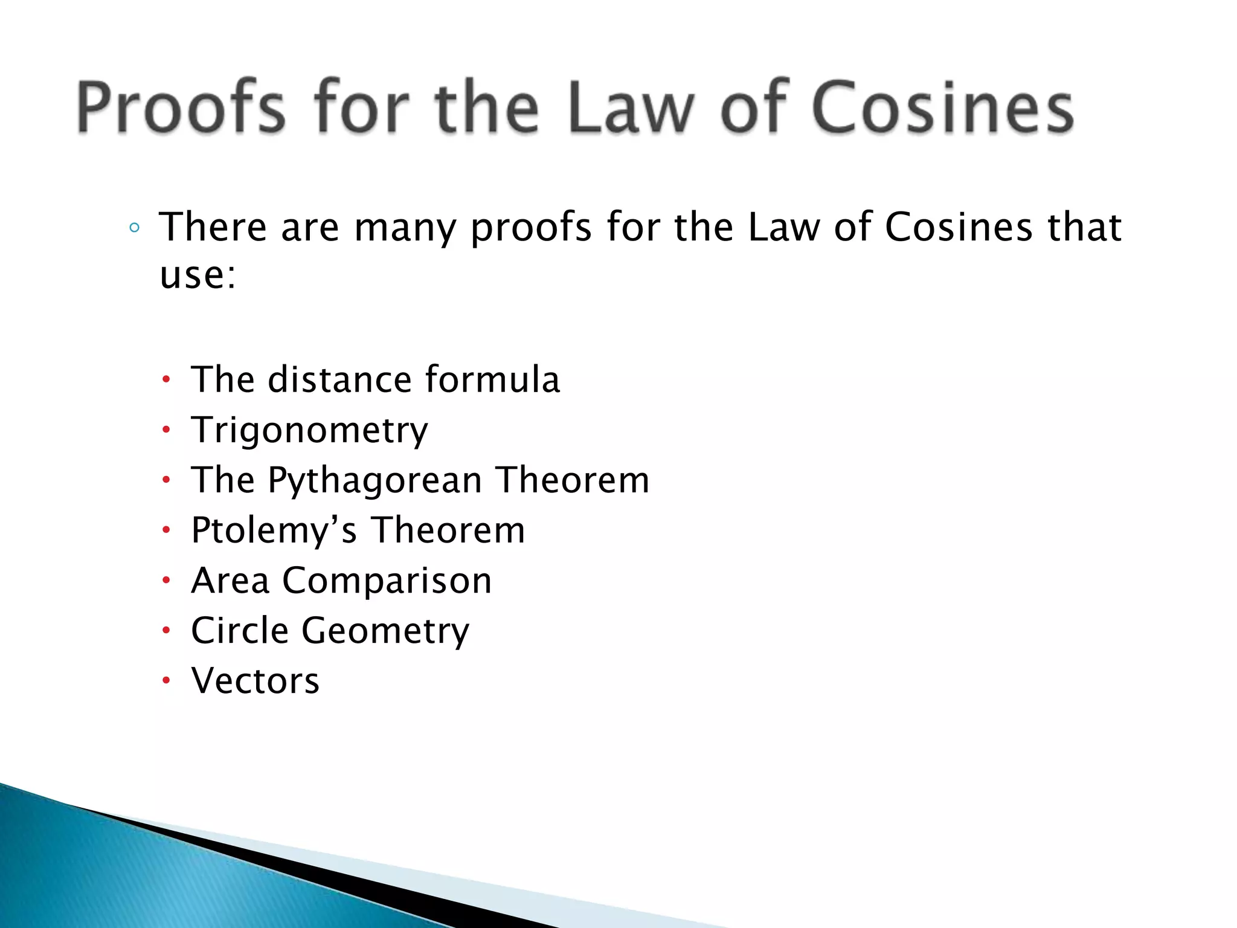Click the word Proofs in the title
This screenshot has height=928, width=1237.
click(x=180, y=108)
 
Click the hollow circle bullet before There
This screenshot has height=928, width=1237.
click(x=135, y=228)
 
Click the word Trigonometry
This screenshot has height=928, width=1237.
click(x=309, y=430)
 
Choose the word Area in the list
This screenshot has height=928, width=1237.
click(x=230, y=581)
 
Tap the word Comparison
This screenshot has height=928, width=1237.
click(x=387, y=581)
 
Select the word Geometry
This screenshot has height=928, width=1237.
click(x=385, y=631)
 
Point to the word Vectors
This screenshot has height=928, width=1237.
click(x=255, y=681)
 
